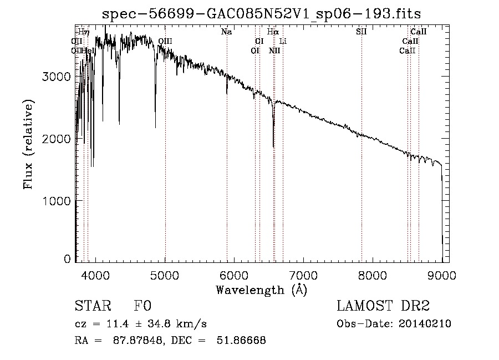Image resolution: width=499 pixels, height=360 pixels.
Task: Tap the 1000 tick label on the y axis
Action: pyautogui.click(x=56, y=201)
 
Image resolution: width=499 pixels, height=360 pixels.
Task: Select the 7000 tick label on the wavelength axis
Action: pyautogui.click(x=303, y=274)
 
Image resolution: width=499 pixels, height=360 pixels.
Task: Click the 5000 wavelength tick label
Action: pyautogui.click(x=165, y=274)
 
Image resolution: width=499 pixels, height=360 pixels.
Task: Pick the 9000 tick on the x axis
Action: pyautogui.click(x=441, y=274)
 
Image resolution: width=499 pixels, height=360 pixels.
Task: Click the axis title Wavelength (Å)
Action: pyautogui.click(x=261, y=290)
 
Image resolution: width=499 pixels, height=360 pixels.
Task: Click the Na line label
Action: pyautogui.click(x=226, y=32)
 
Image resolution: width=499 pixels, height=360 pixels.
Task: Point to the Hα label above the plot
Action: pyautogui.click(x=272, y=32)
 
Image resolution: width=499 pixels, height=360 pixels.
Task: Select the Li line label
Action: pyautogui.click(x=283, y=41)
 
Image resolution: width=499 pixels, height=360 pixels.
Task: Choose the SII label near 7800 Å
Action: pyautogui.click(x=361, y=32)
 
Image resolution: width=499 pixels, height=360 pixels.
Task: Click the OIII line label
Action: pyautogui.click(x=165, y=41)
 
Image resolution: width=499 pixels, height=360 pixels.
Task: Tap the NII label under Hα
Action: pyautogui.click(x=274, y=50)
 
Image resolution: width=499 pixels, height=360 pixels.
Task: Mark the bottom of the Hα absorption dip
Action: pyautogui.click(x=273, y=146)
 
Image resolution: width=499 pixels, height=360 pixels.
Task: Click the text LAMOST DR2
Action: pyautogui.click(x=383, y=306)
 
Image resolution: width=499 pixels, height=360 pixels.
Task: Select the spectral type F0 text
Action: pyautogui.click(x=142, y=306)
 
